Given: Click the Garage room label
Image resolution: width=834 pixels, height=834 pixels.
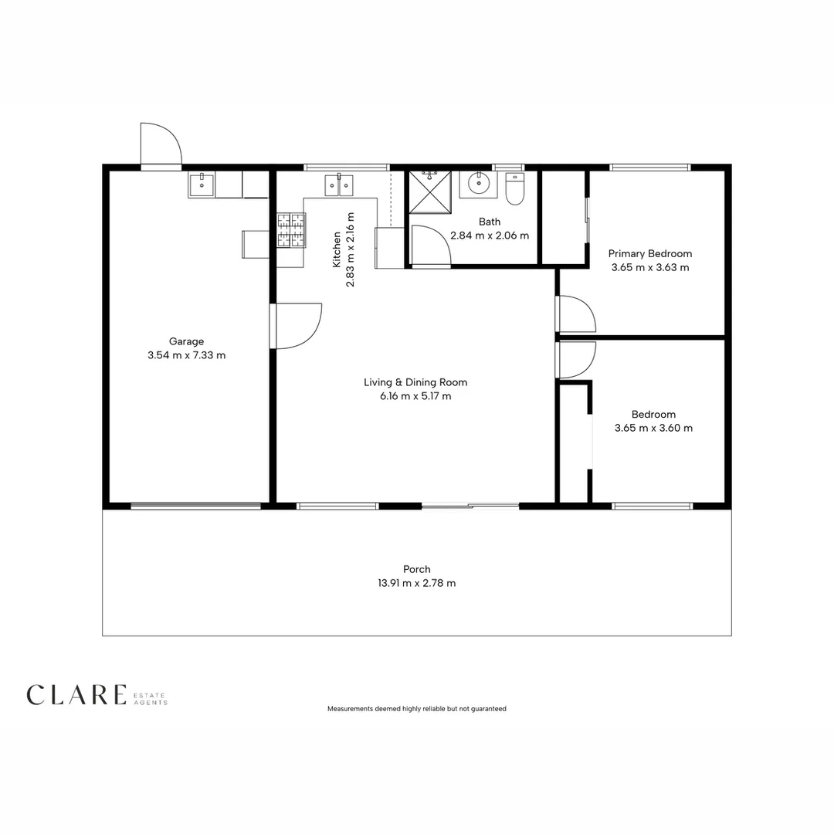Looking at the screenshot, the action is tap(186, 341).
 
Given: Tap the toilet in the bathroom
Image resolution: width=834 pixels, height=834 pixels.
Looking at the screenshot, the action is tap(514, 188).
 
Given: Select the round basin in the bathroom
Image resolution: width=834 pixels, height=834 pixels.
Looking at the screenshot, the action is tap(479, 184).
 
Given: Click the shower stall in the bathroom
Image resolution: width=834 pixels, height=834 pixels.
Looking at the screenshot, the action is tap(430, 192).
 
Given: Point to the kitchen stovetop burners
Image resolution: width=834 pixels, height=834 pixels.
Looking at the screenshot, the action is tap(291, 230).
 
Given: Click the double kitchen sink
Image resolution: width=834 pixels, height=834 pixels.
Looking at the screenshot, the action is tap(339, 185).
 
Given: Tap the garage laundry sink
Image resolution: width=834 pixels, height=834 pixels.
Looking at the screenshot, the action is tap(202, 185).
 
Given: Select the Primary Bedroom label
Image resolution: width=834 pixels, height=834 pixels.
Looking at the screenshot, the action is tap(650, 254).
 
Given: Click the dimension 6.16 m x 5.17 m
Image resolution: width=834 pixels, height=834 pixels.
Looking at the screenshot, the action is tap(415, 395).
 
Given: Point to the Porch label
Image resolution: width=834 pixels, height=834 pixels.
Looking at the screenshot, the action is tap(416, 569).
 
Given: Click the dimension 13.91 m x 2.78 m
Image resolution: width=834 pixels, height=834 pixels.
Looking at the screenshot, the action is tap(416, 583).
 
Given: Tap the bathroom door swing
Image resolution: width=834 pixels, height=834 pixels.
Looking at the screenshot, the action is tap(432, 246).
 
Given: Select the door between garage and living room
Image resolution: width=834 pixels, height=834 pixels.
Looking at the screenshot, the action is tap(296, 326).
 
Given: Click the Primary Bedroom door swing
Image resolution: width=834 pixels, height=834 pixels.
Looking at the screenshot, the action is tap(576, 314).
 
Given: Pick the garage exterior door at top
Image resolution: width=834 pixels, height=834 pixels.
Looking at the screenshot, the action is tap(161, 144).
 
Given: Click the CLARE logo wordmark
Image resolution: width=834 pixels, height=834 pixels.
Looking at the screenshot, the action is tap(76, 695).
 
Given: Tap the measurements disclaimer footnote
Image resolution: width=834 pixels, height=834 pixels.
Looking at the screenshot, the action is tap(416, 708).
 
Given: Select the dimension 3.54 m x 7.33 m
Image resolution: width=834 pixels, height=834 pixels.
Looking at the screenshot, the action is tap(186, 355).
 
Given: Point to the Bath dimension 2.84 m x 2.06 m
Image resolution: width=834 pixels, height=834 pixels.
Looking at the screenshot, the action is tap(490, 236).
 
